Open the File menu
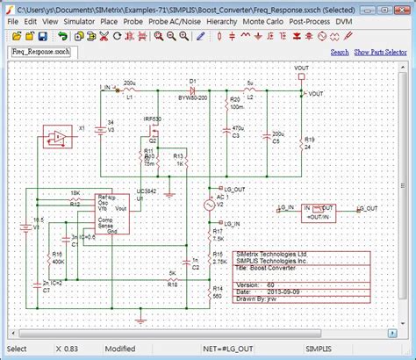tap(13, 19)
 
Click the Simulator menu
tap(80, 19)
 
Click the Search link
tap(340, 53)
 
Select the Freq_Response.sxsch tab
tap(44, 54)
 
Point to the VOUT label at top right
tap(301, 68)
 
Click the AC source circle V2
tap(209, 205)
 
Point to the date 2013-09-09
tap(266, 291)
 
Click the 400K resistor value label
tap(58, 262)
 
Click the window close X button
tap(403, 6)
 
